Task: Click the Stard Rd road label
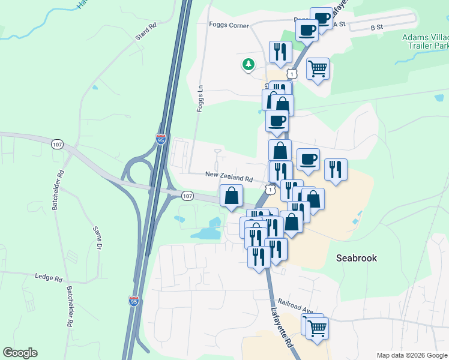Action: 146,32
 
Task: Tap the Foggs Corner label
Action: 229,25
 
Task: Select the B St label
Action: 376,28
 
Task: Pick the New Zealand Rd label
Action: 229,178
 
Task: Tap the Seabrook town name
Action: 356,257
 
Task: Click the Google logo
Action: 20,353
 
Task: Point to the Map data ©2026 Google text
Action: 411,355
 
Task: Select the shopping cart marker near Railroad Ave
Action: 317,328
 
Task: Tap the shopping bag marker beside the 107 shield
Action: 231,196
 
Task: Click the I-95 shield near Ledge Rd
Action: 133,301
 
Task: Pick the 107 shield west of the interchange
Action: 58,145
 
